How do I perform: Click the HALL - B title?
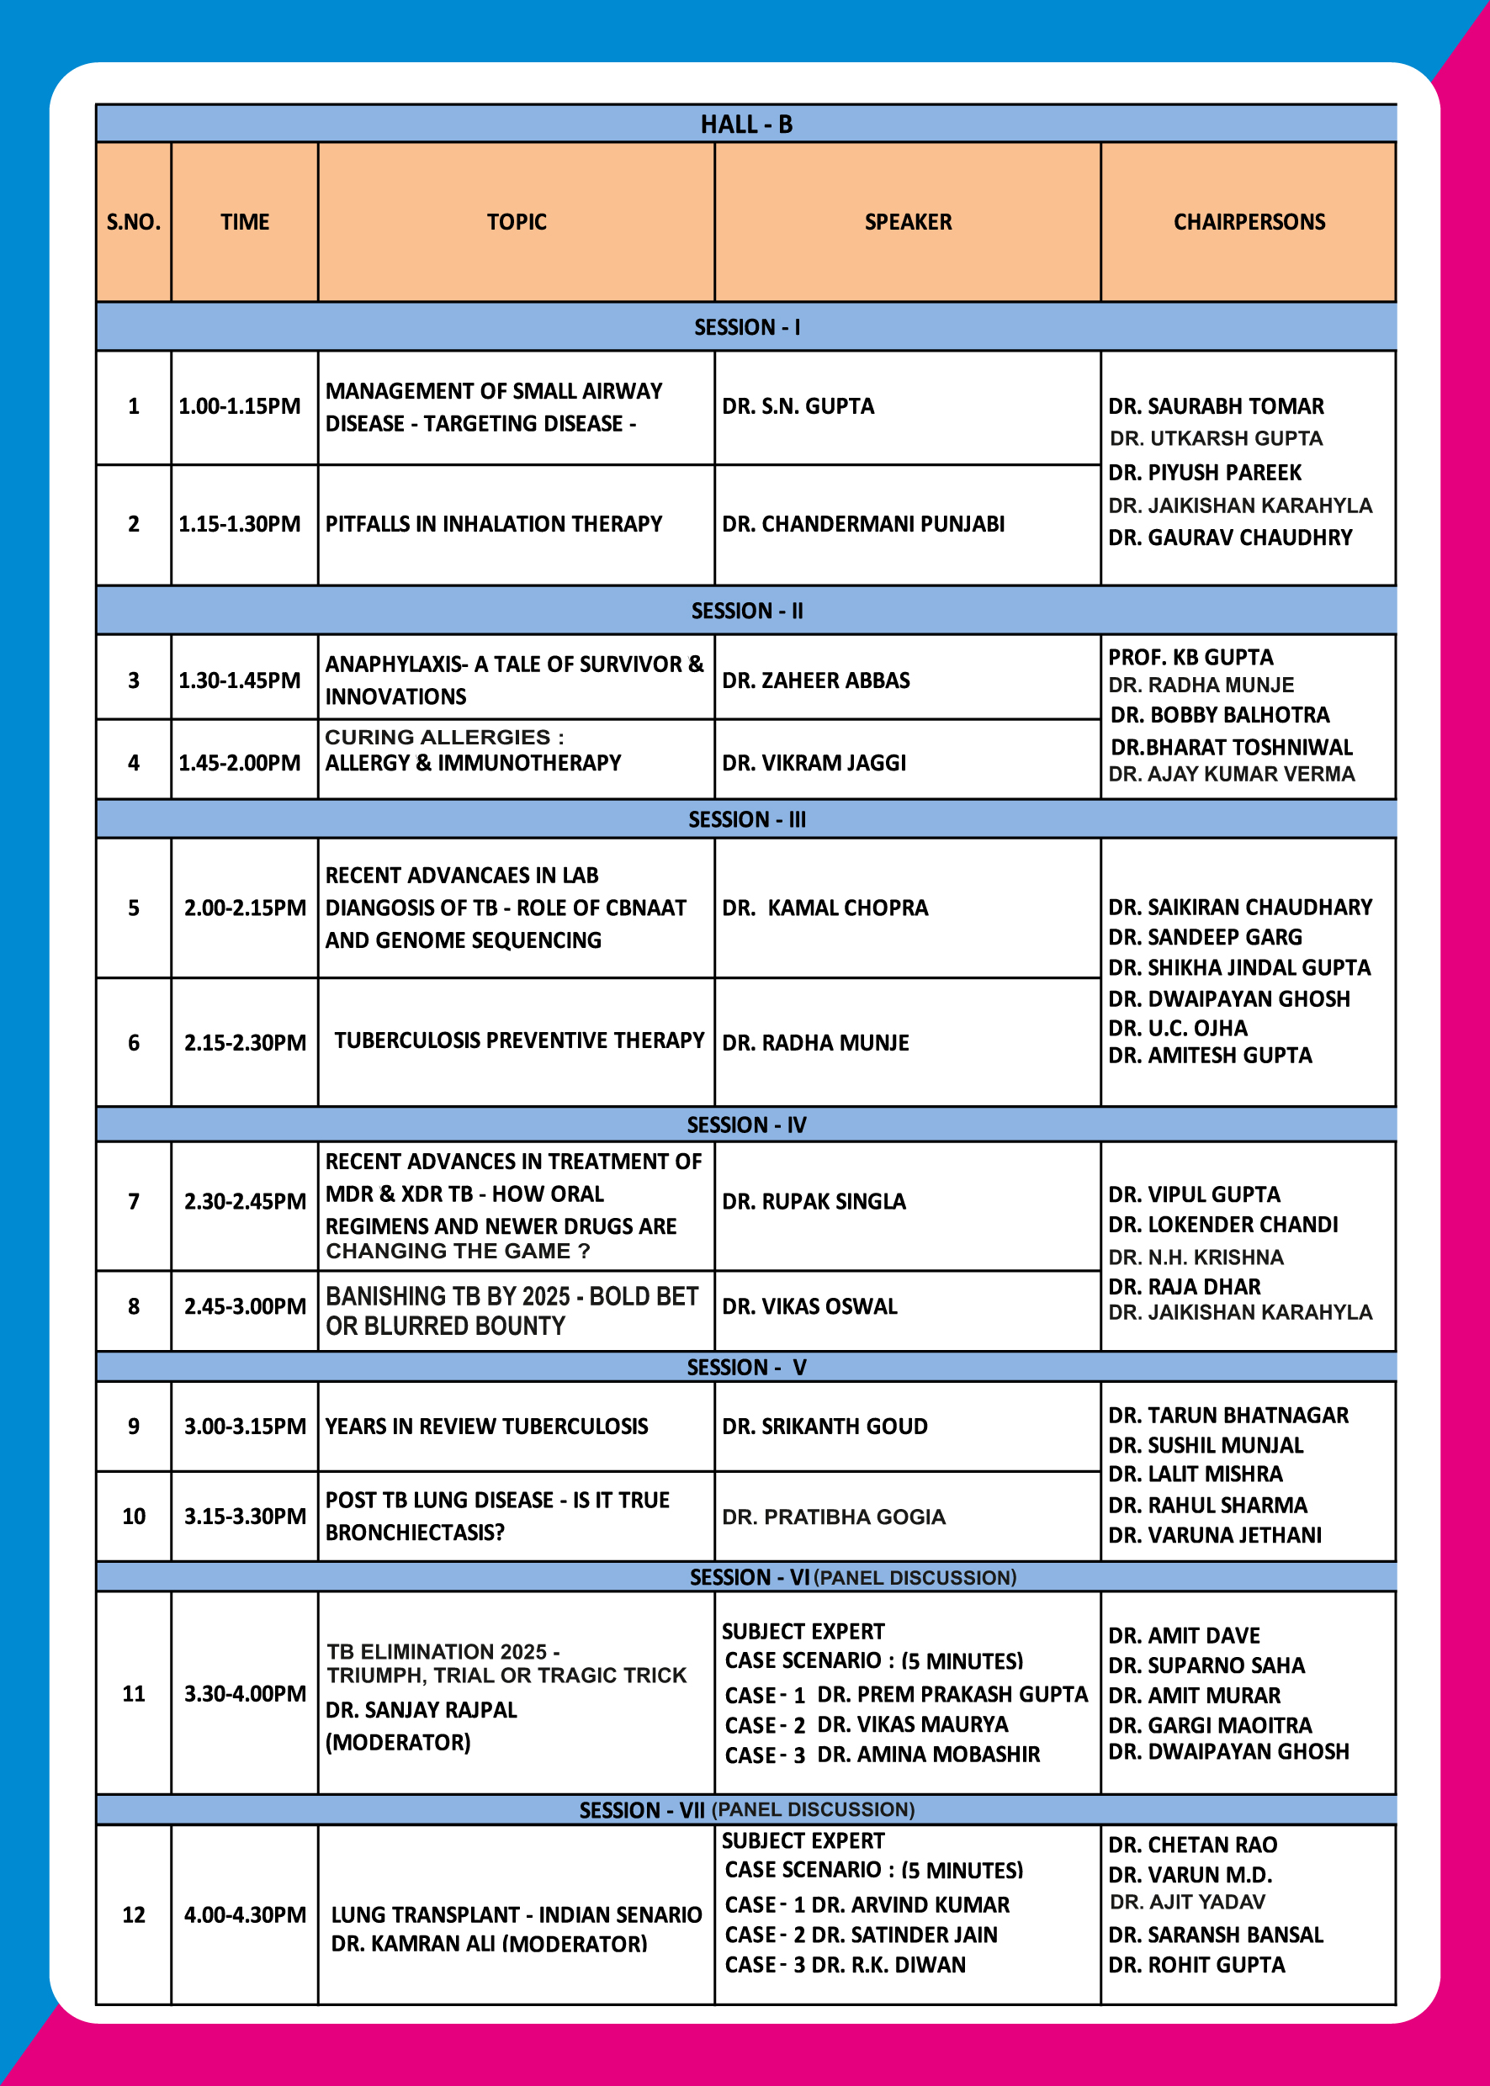click(746, 124)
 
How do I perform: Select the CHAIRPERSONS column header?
click(1249, 222)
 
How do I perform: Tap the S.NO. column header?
click(133, 222)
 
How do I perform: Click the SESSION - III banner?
click(746, 819)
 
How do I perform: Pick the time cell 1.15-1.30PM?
click(240, 524)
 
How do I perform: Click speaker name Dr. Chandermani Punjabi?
click(862, 524)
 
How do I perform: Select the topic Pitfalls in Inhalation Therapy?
click(494, 524)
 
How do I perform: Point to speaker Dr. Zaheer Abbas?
click(815, 680)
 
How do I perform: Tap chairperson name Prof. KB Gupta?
click(1190, 658)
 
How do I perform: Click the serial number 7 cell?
click(133, 1202)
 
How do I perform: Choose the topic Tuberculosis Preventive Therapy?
click(518, 1040)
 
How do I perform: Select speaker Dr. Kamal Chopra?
click(825, 908)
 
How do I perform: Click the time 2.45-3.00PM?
click(245, 1306)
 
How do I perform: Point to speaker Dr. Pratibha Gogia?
click(833, 1517)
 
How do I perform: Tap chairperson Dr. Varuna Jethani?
click(1215, 1535)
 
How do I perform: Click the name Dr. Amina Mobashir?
click(928, 1754)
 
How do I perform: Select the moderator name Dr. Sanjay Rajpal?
click(422, 1710)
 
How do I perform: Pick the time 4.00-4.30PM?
click(245, 1914)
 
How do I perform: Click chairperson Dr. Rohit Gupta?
click(1196, 1965)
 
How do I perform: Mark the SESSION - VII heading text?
click(642, 1810)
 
